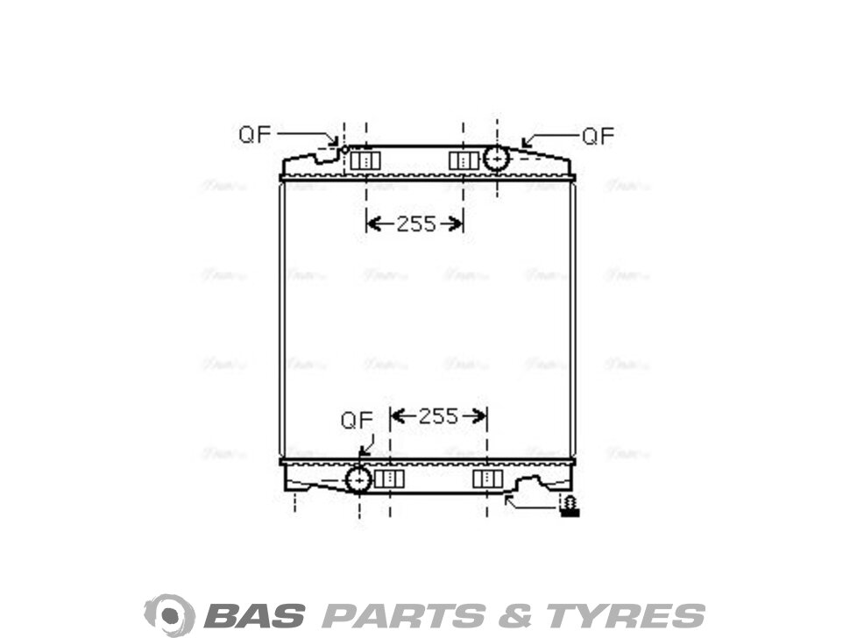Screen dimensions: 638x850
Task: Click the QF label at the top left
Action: pyautogui.click(x=255, y=134)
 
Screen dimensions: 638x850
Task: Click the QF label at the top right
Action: pyautogui.click(x=599, y=136)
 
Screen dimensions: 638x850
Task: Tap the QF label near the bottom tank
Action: pyautogui.click(x=357, y=420)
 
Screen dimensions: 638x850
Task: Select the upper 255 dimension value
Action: pyautogui.click(x=415, y=224)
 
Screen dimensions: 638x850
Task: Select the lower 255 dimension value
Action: pyautogui.click(x=438, y=416)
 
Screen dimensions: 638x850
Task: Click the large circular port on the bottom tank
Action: pyautogui.click(x=359, y=479)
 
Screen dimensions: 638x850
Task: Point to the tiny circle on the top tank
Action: pyautogui.click(x=344, y=150)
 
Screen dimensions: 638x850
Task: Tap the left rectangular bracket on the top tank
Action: pyautogui.click(x=365, y=160)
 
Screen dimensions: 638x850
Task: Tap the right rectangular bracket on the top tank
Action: pyautogui.click(x=464, y=160)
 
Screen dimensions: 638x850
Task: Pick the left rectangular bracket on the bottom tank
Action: pyautogui.click(x=389, y=478)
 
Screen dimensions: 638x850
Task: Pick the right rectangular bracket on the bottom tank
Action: pyautogui.click(x=487, y=478)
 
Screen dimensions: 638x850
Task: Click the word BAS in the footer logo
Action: pyautogui.click(x=254, y=614)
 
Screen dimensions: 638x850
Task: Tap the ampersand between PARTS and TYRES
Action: pyautogui.click(x=513, y=614)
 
